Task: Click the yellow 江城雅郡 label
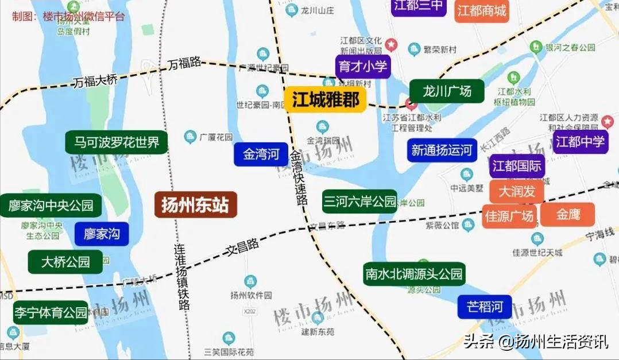pyautogui.click(x=325, y=99)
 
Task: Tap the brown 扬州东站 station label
pyautogui.click(x=195, y=204)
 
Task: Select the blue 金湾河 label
pyautogui.click(x=261, y=154)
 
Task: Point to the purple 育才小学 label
pyautogui.click(x=363, y=67)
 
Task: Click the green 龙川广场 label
pyautogui.click(x=447, y=91)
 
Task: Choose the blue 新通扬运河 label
pyautogui.click(x=442, y=150)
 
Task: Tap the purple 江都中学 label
pyautogui.click(x=581, y=141)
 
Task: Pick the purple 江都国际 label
pyautogui.click(x=517, y=167)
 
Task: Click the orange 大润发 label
pyautogui.click(x=516, y=191)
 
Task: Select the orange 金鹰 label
pyautogui.click(x=567, y=214)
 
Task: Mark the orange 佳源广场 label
pyautogui.click(x=509, y=216)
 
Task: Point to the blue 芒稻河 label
pyautogui.click(x=484, y=307)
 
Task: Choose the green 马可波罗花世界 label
pyautogui.click(x=117, y=142)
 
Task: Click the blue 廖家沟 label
pyautogui.click(x=102, y=234)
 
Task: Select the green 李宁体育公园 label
pyautogui.click(x=51, y=312)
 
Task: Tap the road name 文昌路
pyautogui.click(x=242, y=247)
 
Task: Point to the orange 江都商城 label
pyautogui.click(x=482, y=11)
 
